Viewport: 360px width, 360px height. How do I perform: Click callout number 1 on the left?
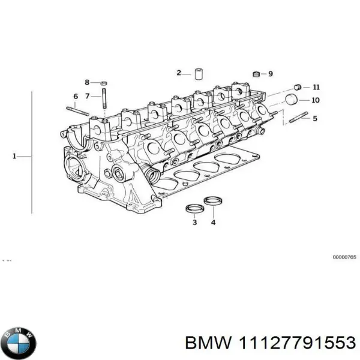[14, 157]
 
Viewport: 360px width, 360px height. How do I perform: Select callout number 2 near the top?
[178, 73]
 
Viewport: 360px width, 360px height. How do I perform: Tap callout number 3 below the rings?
[194, 223]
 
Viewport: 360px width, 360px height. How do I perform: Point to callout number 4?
[213, 223]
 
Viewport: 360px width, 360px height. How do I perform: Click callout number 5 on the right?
[315, 118]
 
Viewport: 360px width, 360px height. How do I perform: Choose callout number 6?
[75, 97]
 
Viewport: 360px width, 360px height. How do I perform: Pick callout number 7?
[87, 96]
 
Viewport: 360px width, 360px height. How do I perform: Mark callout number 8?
[87, 82]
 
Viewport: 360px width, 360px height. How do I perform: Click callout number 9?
[270, 74]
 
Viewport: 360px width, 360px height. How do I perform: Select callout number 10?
[316, 100]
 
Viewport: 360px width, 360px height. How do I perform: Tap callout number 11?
[316, 87]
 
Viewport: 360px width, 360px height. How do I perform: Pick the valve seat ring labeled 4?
[212, 201]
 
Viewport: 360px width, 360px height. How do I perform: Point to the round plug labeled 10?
[292, 99]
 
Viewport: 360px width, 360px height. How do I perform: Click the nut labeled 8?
[103, 82]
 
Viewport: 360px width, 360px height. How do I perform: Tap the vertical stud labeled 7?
[104, 99]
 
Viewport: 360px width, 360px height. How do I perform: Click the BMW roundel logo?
[19, 343]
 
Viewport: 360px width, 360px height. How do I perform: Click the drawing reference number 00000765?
[344, 257]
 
